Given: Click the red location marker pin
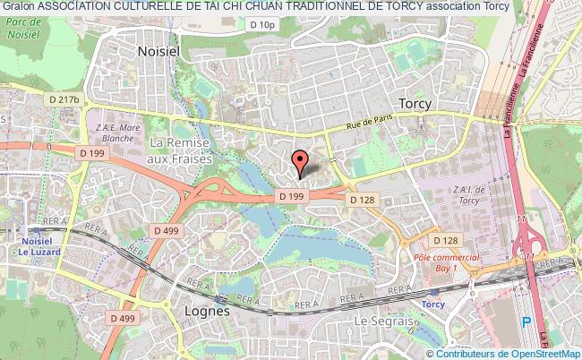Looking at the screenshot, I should point(302,161).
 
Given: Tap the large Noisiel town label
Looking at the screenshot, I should point(158,52).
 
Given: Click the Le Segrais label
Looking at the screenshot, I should point(387,321).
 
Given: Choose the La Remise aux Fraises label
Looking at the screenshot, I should point(183,150).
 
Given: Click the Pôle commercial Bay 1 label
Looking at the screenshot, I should point(447,262).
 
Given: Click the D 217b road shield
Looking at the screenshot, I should point(64,99).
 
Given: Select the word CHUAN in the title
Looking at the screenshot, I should point(259,7).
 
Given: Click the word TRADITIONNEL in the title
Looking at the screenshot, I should point(322,7).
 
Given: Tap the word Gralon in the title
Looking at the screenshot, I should point(18,7).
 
